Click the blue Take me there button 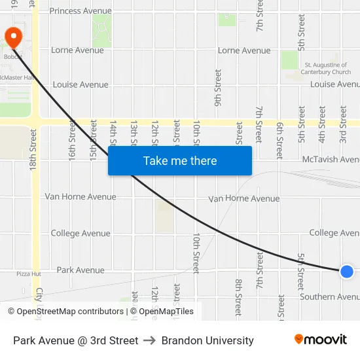coord(180,160)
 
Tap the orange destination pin coord(12,37)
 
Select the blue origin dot coord(347,271)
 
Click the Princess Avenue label coord(81,11)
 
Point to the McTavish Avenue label coord(331,159)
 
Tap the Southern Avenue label coord(329,297)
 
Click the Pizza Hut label coord(29,274)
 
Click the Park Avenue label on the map coord(81,270)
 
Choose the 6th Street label coord(279,139)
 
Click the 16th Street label coord(72,139)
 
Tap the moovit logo coord(321,340)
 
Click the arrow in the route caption coord(150,340)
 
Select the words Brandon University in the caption coord(207,340)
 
